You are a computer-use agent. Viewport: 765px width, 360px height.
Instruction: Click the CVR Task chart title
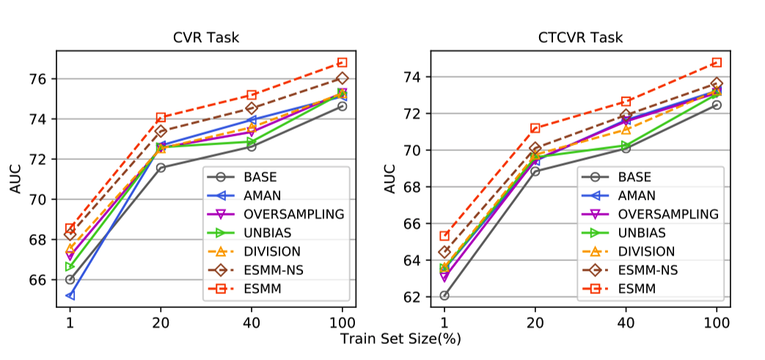[x=205, y=38]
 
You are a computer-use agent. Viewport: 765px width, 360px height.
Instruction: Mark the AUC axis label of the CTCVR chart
[x=390, y=179]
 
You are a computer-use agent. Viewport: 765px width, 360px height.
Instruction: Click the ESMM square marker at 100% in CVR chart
[x=342, y=62]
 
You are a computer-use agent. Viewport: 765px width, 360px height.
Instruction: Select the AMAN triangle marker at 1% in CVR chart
[x=70, y=295]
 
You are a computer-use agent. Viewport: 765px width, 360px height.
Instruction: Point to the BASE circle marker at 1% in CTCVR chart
[x=444, y=295]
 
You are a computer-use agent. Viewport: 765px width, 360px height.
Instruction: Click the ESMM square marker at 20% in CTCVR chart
[x=535, y=128]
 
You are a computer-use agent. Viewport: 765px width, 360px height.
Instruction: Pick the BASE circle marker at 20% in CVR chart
[x=161, y=168]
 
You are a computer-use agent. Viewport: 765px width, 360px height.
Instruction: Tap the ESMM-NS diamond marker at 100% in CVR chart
[x=342, y=78]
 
